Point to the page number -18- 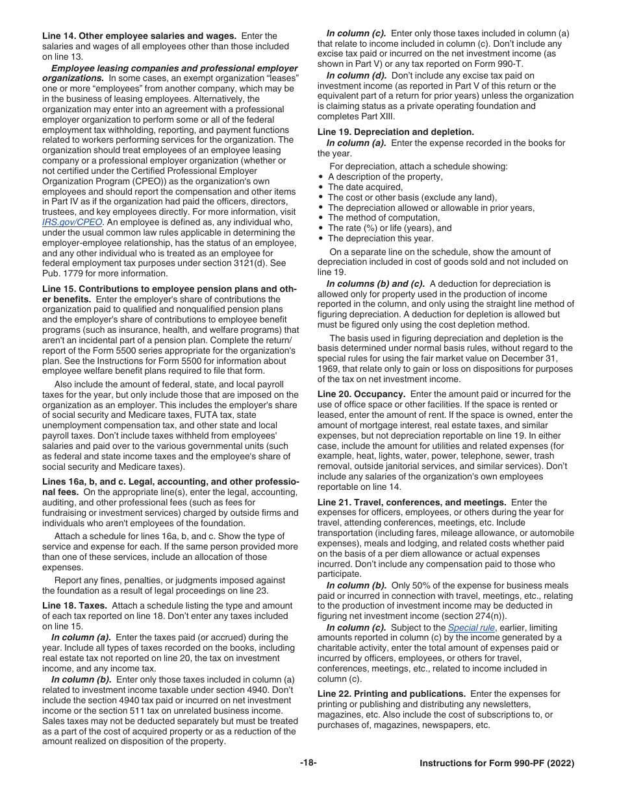(x=308, y=763)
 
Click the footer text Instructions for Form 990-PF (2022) (x=497, y=763)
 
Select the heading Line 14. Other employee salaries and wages (x=139, y=36)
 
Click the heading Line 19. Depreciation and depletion (x=396, y=132)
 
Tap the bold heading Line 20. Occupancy (x=361, y=394)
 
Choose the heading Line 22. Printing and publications (x=391, y=694)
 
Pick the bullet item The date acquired (x=365, y=187)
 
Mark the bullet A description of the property (x=385, y=176)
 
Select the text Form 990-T (x=499, y=64)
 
